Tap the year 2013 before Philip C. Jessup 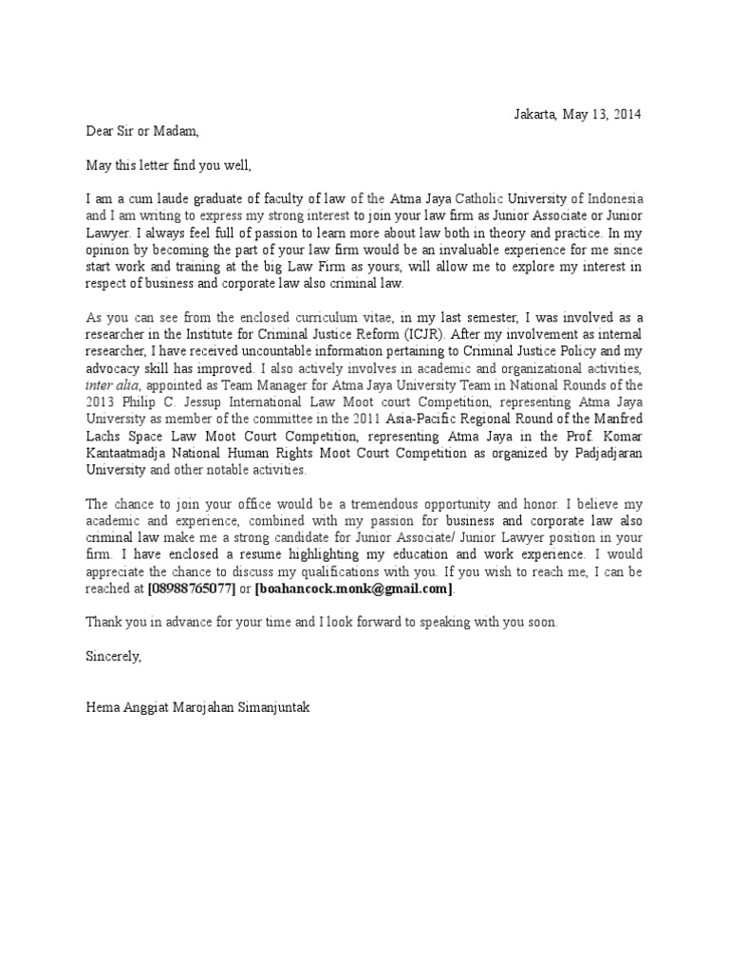pos(101,402)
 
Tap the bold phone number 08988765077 pos(191,589)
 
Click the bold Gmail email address pos(354,589)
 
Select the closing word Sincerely pos(114,656)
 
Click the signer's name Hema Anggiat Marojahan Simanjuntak pos(196,707)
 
